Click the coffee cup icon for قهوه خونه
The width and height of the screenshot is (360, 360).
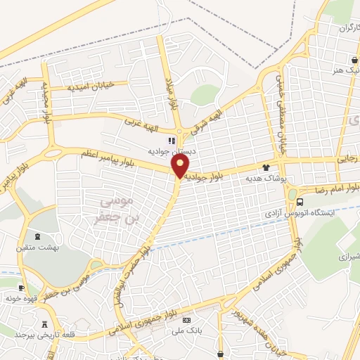(21, 288)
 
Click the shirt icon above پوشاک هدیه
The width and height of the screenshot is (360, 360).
(266, 167)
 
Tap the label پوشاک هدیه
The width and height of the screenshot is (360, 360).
(264, 179)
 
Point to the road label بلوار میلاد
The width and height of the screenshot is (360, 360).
(172, 94)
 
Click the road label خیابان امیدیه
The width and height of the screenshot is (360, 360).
(91, 86)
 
